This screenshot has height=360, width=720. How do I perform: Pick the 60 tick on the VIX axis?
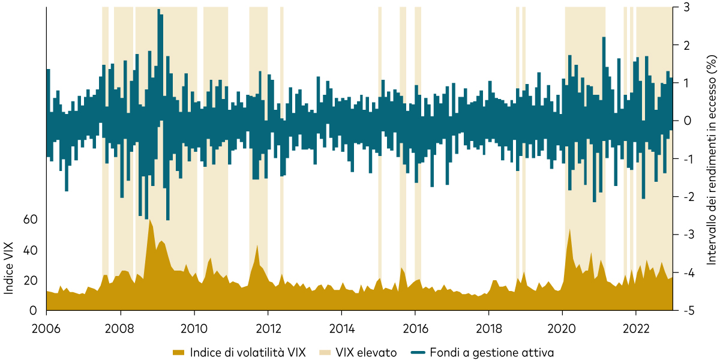(x=31, y=220)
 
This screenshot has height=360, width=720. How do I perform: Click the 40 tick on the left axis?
(x=31, y=250)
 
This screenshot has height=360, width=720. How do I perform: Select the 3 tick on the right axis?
(x=687, y=7)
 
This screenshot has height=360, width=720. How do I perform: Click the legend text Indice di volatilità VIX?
(x=248, y=352)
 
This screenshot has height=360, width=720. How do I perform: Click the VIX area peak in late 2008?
(x=149, y=220)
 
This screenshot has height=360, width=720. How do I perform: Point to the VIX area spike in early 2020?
(x=569, y=229)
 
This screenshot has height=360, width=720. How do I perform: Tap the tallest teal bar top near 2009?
(x=159, y=10)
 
